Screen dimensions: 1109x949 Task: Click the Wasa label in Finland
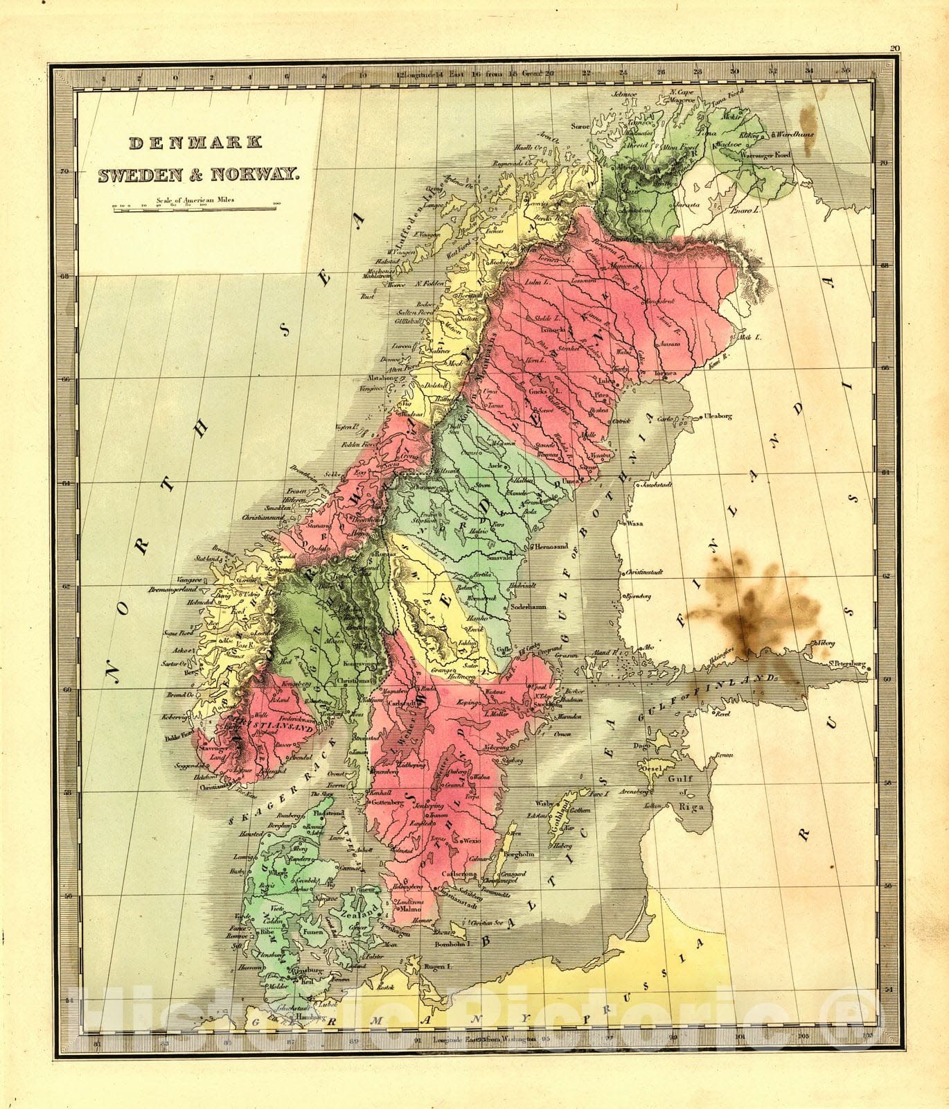click(636, 523)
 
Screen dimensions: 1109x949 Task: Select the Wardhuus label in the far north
click(796, 134)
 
